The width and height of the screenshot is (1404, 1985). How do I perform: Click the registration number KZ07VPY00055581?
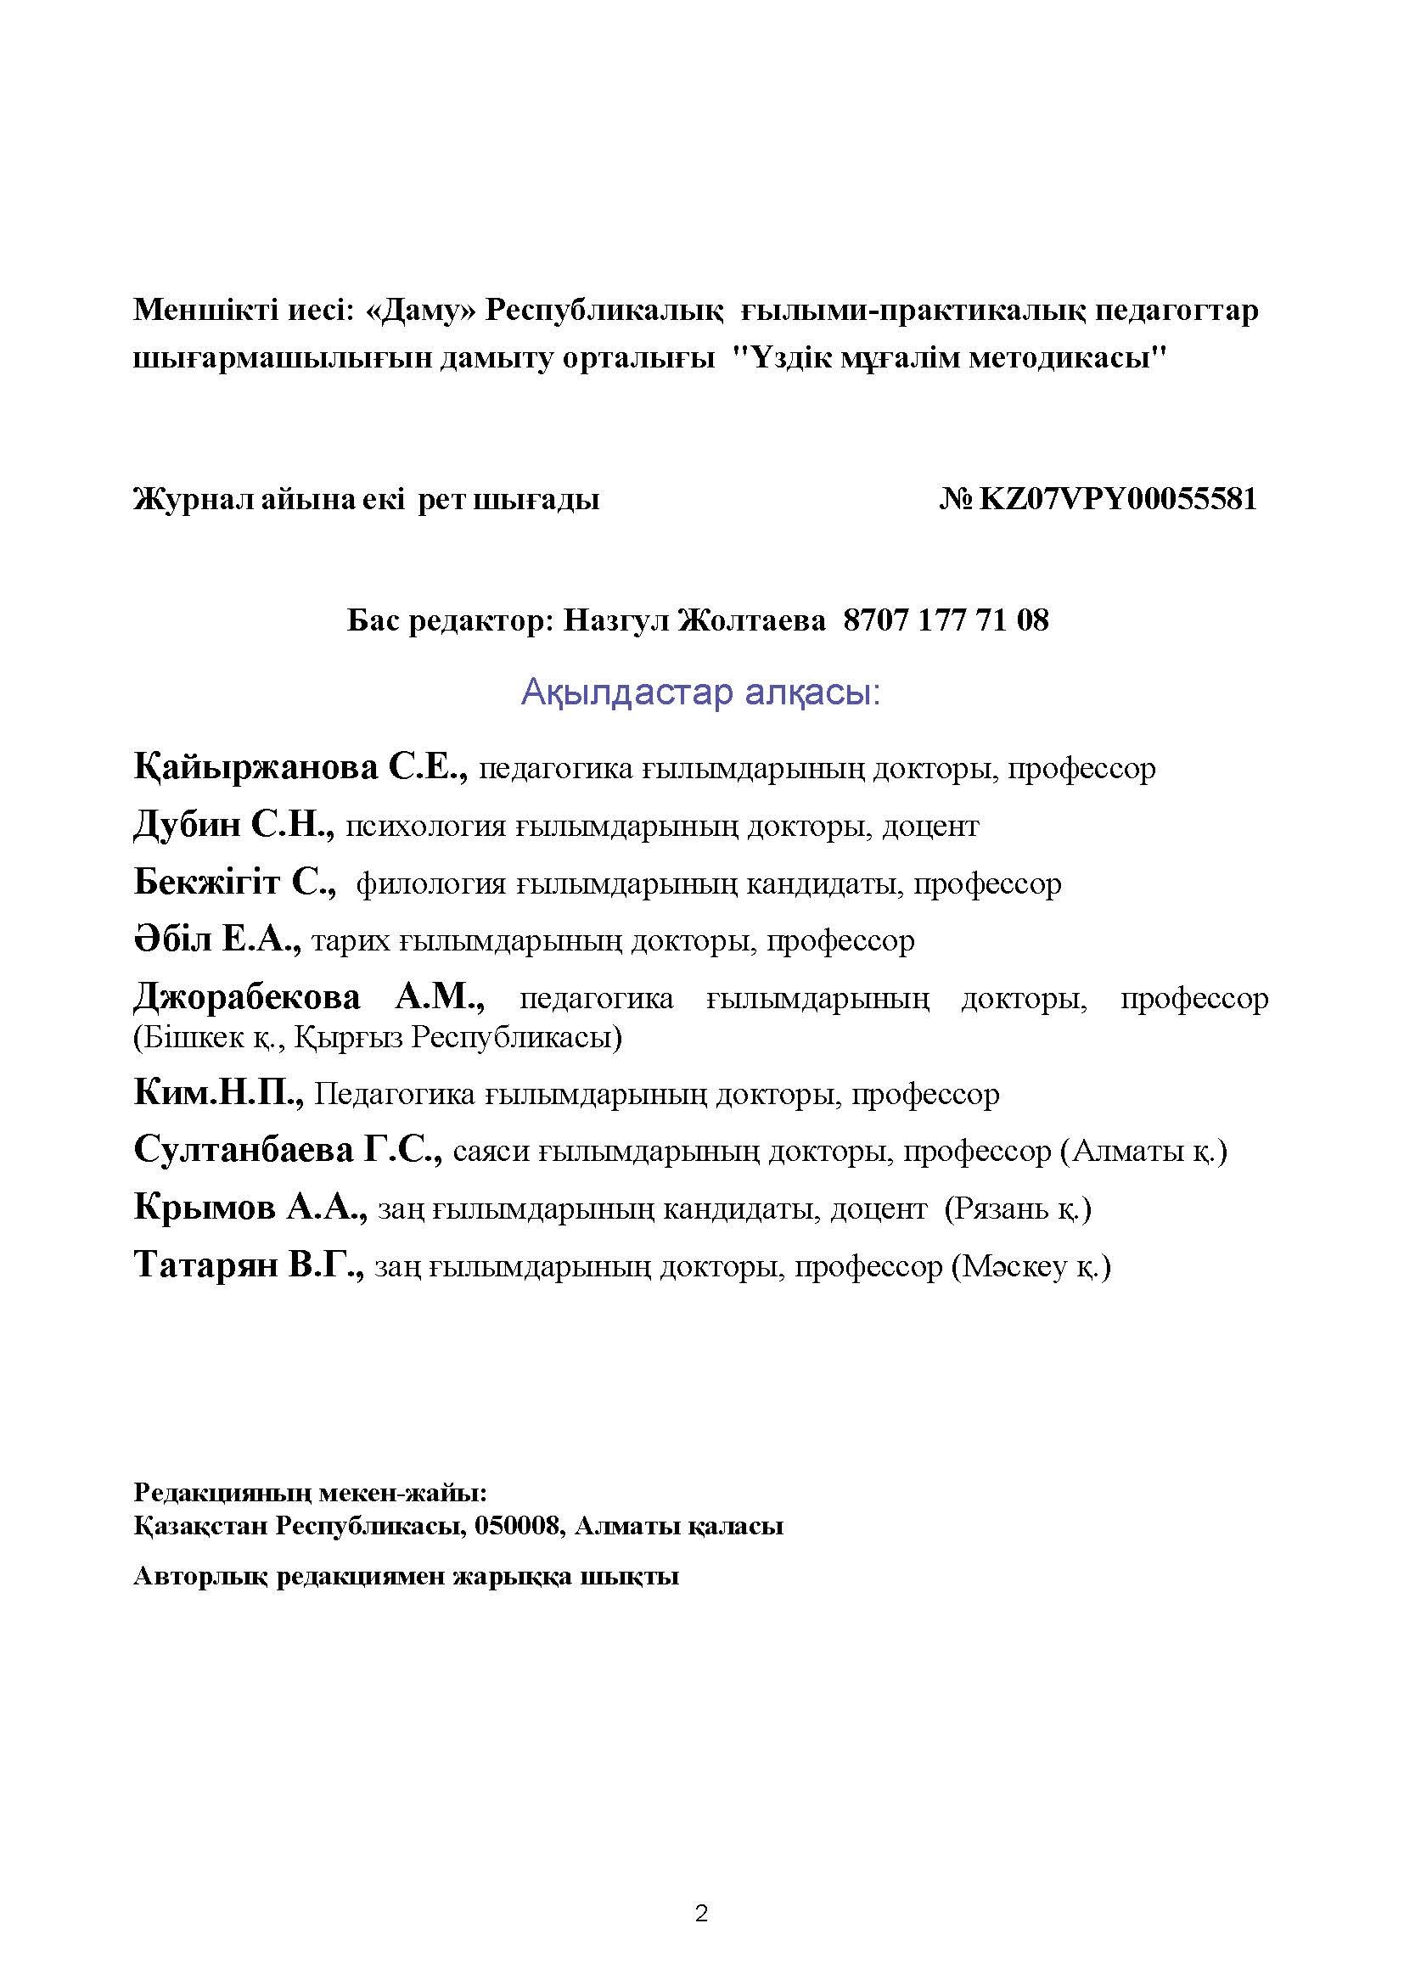pos(1117,499)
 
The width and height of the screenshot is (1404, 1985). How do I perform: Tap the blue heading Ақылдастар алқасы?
pos(700,693)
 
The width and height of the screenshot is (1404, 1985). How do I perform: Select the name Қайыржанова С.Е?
pos(300,767)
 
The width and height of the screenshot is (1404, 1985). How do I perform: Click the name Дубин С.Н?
pos(234,826)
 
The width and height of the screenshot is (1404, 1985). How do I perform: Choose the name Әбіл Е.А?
pos(217,939)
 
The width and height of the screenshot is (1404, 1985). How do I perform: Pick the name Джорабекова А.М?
pos(310,998)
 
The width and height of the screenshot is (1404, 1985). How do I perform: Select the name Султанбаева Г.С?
pos(289,1151)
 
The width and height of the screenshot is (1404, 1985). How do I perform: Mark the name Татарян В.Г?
pos(250,1265)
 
